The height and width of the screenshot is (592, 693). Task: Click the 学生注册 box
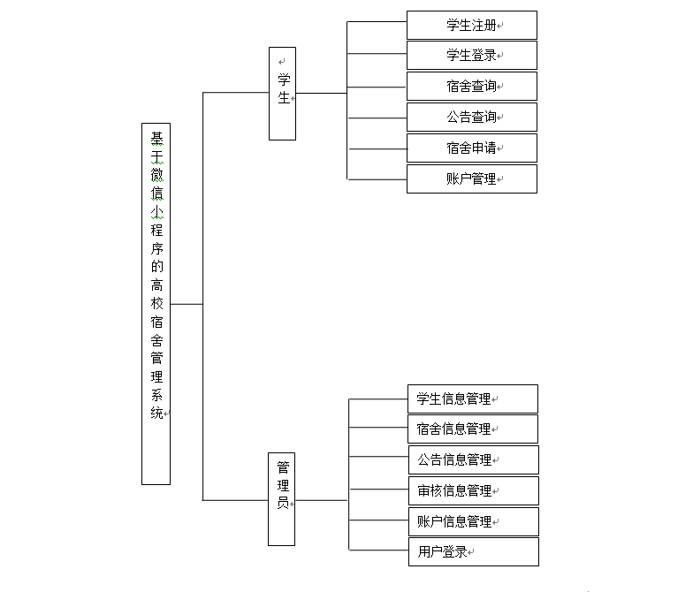click(x=471, y=25)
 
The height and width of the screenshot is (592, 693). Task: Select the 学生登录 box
click(x=471, y=55)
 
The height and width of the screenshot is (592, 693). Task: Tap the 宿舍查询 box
click(x=471, y=86)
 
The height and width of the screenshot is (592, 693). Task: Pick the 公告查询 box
click(x=471, y=117)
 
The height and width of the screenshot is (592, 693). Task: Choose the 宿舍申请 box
click(x=471, y=148)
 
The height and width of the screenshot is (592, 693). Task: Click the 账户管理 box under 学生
click(x=471, y=178)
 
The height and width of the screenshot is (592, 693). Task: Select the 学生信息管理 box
click(x=472, y=398)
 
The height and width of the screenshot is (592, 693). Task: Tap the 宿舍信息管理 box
click(x=472, y=429)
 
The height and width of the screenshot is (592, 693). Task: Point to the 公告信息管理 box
click(x=472, y=459)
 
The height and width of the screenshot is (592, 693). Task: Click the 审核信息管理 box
click(x=472, y=490)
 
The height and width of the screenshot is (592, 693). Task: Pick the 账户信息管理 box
click(x=472, y=521)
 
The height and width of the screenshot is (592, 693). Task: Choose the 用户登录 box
click(x=472, y=552)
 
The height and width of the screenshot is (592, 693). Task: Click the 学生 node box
click(x=282, y=93)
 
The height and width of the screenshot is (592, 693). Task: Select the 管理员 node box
click(x=282, y=499)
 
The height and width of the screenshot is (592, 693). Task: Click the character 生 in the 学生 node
click(x=284, y=98)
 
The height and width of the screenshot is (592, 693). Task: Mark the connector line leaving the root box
click(x=186, y=303)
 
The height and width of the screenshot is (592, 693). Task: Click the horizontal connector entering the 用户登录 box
click(x=378, y=550)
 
